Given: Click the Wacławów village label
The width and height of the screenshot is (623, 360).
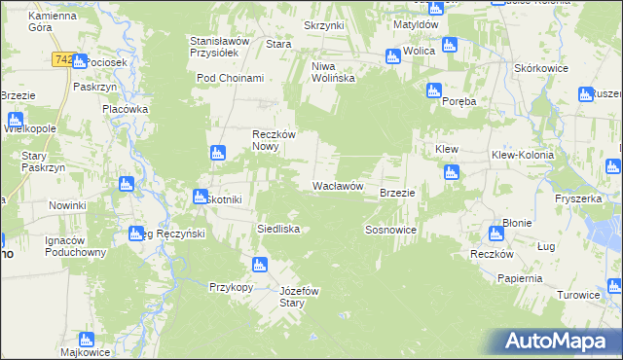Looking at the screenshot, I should click(x=338, y=186).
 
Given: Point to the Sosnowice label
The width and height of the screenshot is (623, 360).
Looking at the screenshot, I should click(x=391, y=230).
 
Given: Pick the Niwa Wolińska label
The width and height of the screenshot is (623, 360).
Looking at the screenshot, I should click(x=331, y=72).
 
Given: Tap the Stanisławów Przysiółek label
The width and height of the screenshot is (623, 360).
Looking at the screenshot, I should click(x=220, y=49).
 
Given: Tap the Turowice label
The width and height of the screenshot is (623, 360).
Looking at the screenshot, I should click(x=577, y=295).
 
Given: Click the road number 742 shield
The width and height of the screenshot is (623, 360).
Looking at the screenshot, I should click(x=62, y=60).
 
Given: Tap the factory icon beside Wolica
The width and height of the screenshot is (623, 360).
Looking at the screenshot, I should click(x=393, y=55).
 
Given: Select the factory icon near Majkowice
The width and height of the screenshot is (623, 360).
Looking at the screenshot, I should click(x=86, y=340).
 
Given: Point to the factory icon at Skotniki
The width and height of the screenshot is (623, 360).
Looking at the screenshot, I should click(x=200, y=197).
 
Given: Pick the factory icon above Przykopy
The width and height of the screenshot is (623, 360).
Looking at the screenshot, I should click(x=259, y=265).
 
